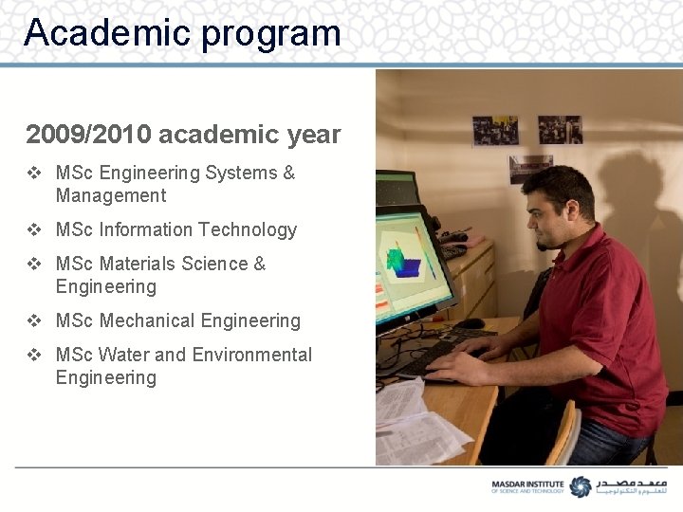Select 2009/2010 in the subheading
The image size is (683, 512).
point(88,135)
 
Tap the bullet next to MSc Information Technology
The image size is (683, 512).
point(34,229)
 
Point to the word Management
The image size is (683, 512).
point(111,196)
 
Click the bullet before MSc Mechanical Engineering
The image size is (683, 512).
point(34,320)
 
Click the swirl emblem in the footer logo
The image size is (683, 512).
point(579,485)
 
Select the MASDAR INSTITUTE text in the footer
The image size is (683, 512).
point(527,483)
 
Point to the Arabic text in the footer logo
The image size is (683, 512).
point(631,485)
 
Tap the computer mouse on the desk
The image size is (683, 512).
point(471,323)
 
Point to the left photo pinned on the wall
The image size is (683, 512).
point(495,130)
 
